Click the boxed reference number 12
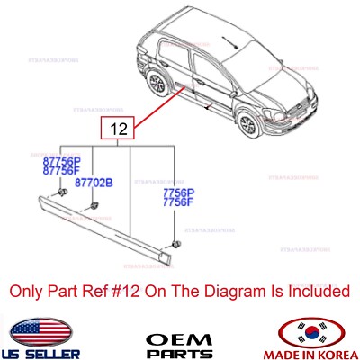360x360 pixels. point(117,130)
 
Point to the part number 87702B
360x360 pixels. point(94,183)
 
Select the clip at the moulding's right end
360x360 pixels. point(174,245)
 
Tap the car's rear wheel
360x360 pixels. point(159,86)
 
